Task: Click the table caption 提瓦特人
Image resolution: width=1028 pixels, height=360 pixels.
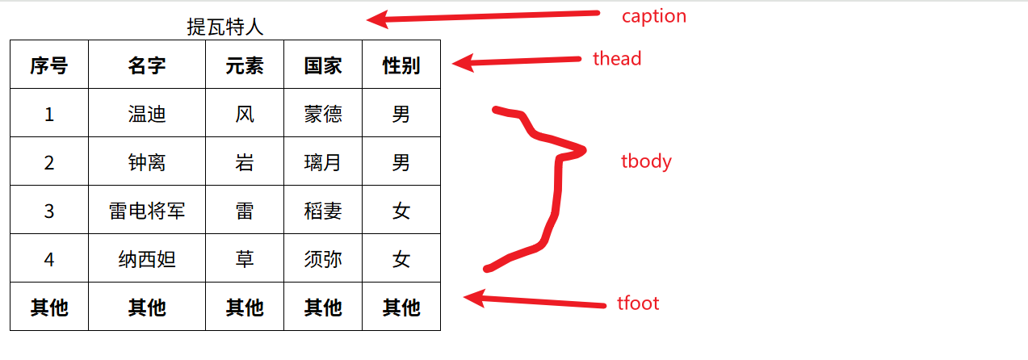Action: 225,27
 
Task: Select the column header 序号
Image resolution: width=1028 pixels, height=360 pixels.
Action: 49,65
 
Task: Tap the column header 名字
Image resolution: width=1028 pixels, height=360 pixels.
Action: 147,65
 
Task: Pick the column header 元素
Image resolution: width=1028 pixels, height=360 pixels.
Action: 245,65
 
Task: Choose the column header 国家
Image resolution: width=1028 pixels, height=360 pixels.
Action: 323,65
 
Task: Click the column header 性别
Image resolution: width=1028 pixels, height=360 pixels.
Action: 401,65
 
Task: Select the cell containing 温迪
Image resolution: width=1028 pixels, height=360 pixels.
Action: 147,114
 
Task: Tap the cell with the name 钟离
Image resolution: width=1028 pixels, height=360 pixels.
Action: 147,162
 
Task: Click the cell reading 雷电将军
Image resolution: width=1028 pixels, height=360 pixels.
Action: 147,211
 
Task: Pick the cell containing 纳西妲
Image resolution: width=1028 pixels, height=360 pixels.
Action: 147,259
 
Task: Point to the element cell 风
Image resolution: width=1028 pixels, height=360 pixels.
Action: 245,114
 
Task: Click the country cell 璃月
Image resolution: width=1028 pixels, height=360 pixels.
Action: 323,162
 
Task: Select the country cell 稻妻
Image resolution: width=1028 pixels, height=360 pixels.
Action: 323,211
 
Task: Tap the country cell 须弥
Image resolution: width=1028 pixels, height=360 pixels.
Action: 323,259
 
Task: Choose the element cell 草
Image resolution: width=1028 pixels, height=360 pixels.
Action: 245,259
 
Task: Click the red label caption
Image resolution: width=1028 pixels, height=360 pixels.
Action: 653,16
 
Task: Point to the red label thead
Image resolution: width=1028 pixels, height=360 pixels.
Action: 617,58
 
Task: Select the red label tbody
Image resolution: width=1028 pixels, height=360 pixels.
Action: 646,161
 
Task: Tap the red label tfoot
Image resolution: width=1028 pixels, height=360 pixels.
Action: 638,303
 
